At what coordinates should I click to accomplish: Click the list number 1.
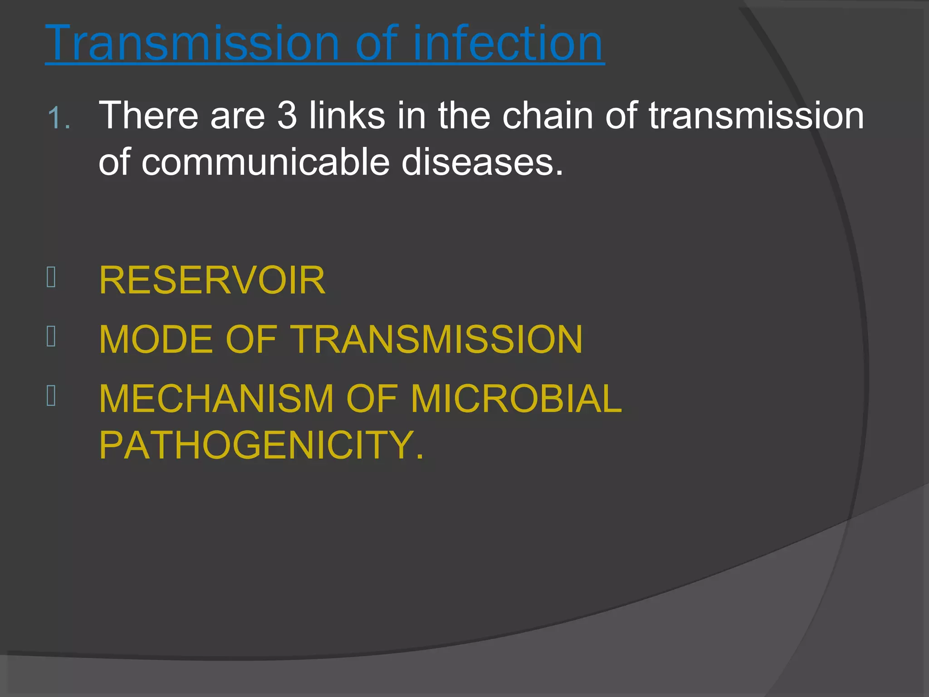click(x=59, y=118)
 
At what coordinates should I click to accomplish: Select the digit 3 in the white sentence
click(x=287, y=116)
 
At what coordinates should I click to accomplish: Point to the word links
click(x=347, y=116)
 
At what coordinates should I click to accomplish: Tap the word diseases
click(x=482, y=162)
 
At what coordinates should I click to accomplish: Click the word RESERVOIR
click(x=212, y=280)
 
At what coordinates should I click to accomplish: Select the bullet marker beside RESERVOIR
click(x=51, y=277)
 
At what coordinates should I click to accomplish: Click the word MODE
click(x=156, y=339)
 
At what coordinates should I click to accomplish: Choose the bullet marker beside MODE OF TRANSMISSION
click(x=51, y=337)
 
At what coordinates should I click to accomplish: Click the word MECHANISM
click(x=216, y=399)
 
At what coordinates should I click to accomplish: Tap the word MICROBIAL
click(x=516, y=399)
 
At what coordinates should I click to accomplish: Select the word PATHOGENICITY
click(x=261, y=445)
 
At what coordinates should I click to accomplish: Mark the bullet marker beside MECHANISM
click(x=51, y=396)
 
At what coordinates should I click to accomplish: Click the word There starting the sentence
click(x=148, y=116)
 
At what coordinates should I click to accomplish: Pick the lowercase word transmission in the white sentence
click(x=756, y=116)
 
